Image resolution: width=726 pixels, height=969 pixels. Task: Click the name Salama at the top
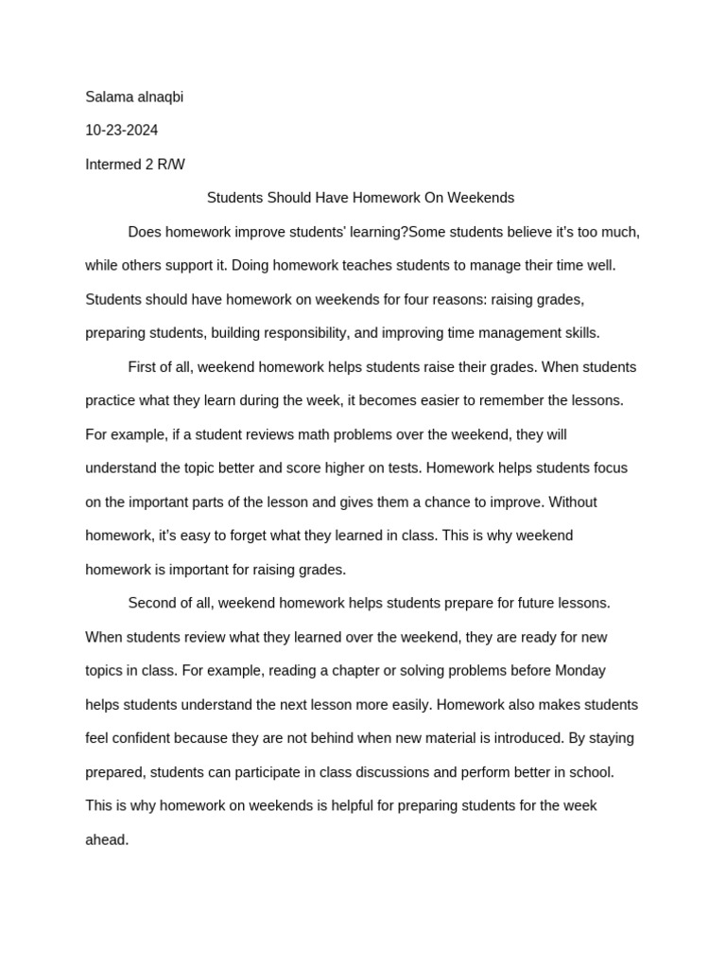pos(107,97)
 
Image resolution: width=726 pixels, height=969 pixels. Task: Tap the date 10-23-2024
pos(122,131)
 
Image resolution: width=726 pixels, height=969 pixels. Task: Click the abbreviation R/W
pos(171,165)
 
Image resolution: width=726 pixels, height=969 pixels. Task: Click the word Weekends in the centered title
pos(481,198)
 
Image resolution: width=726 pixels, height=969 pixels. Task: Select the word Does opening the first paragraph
pos(146,232)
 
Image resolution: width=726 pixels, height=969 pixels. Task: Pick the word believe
pos(539,232)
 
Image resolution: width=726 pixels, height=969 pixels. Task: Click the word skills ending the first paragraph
pos(580,333)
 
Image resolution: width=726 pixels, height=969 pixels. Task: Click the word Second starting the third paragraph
pos(153,603)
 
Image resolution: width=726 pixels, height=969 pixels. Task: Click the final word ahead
pos(107,839)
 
